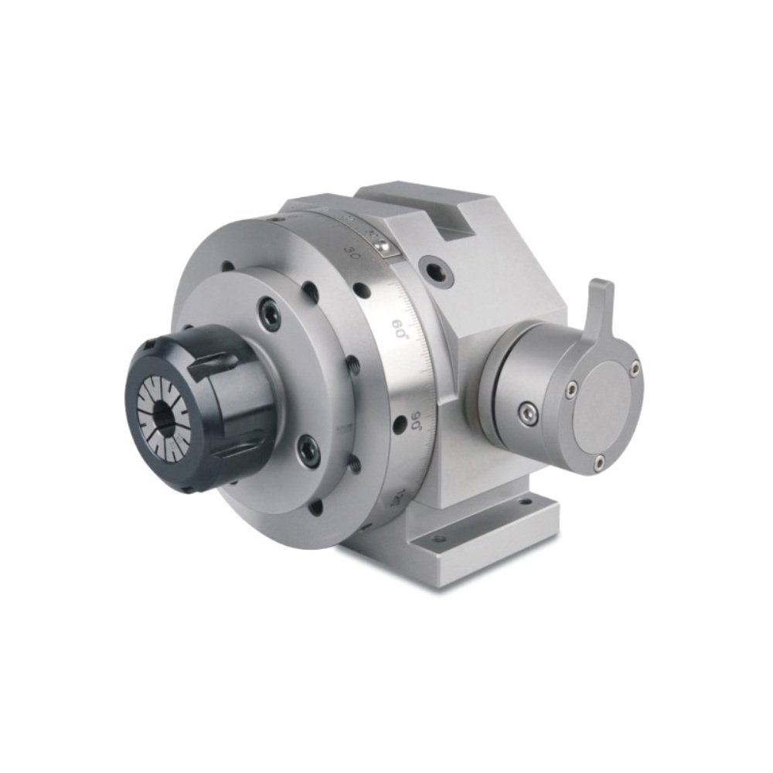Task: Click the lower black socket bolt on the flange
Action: coord(309,451)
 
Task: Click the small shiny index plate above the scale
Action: coord(383,243)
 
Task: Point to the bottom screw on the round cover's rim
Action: coord(599,463)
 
